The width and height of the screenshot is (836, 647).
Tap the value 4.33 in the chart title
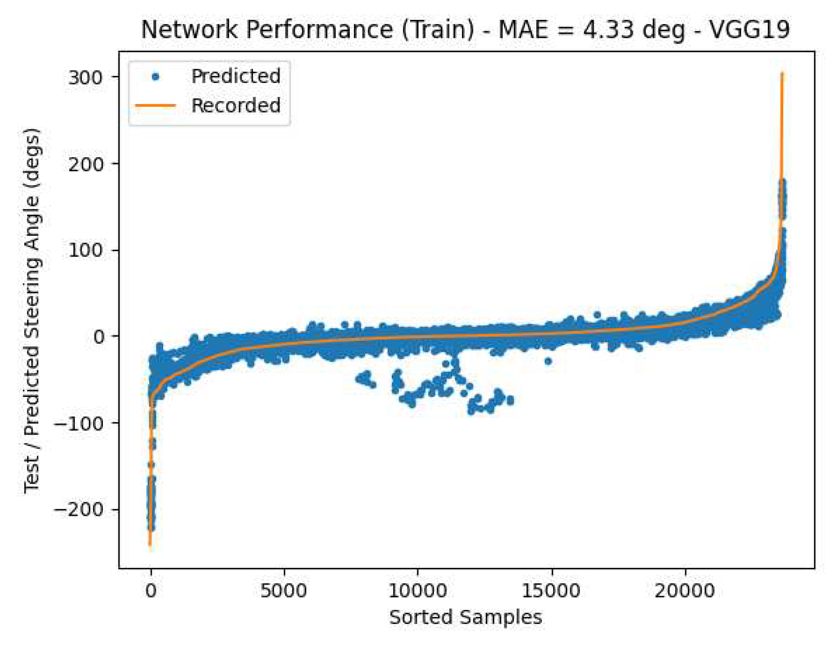click(x=608, y=30)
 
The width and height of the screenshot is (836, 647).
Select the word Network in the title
click(x=189, y=30)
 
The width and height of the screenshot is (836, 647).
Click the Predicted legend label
click(x=236, y=76)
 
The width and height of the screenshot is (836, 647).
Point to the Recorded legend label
click(x=236, y=105)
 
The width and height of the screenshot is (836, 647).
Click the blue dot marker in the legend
click(x=155, y=77)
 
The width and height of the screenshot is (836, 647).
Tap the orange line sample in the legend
click(x=155, y=105)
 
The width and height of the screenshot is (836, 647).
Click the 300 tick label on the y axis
click(x=85, y=77)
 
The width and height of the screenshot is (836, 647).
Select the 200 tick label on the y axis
click(x=85, y=164)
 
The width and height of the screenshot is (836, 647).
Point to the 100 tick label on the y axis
click(x=85, y=250)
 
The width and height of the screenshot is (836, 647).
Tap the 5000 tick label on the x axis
click(x=284, y=591)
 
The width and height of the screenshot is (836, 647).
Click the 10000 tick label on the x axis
click(x=417, y=591)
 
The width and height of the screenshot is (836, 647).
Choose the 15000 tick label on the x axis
click(x=551, y=591)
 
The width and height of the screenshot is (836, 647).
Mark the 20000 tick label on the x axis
click(x=684, y=591)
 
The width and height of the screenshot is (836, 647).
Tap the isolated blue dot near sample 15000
click(x=548, y=361)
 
